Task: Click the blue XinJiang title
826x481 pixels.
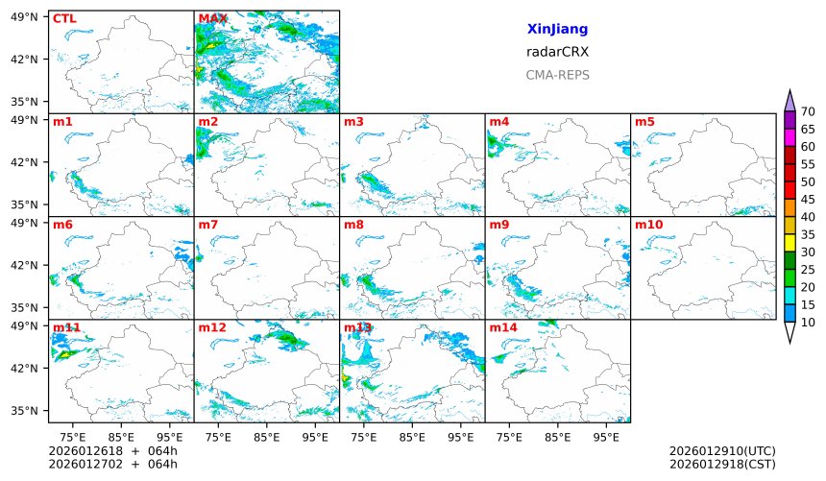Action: [557, 30]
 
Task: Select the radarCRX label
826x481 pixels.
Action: [557, 52]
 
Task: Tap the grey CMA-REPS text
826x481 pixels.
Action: [557, 75]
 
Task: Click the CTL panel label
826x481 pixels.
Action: [64, 18]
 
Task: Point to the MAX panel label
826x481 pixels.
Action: [212, 18]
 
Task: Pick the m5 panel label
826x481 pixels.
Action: [644, 122]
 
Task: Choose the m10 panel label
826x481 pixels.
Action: [648, 225]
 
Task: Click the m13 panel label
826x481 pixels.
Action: [357, 327]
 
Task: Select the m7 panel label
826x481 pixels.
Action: [208, 225]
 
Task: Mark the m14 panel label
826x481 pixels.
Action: [502, 327]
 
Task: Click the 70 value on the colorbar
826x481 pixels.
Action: [808, 112]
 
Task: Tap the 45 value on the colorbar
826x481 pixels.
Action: [808, 200]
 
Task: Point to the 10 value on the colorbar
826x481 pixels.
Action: [808, 323]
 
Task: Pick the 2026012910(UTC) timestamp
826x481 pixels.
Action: [721, 451]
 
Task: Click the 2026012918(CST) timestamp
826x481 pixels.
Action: [721, 465]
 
